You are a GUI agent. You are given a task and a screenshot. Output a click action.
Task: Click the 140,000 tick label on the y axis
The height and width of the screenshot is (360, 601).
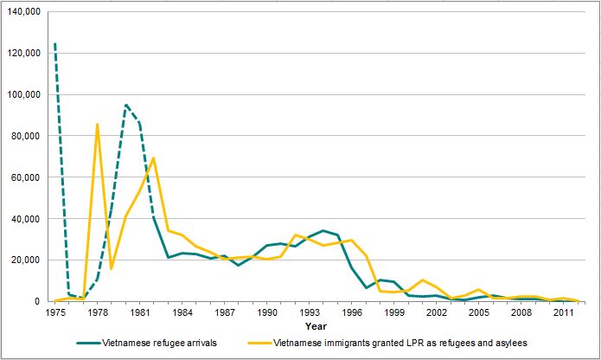coord(23,11)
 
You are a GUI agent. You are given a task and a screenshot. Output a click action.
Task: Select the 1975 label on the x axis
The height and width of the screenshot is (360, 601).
coord(54,312)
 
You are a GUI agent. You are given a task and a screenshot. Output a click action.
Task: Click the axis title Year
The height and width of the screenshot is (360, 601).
coord(316,327)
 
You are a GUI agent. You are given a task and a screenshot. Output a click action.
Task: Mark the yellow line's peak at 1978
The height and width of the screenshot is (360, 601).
coord(97,124)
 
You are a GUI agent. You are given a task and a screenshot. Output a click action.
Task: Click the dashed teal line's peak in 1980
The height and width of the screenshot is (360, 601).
coord(125,105)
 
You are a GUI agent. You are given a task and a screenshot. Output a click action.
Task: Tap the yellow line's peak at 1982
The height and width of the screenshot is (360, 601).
coord(154,157)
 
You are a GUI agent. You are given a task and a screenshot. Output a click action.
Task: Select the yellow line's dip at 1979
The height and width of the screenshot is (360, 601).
coord(112,269)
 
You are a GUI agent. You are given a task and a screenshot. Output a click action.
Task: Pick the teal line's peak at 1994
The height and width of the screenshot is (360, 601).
coord(323,231)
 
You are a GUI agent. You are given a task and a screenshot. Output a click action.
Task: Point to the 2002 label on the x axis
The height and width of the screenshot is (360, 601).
coord(438,312)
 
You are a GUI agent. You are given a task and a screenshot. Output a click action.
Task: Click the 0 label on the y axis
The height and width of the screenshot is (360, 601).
coord(42,302)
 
